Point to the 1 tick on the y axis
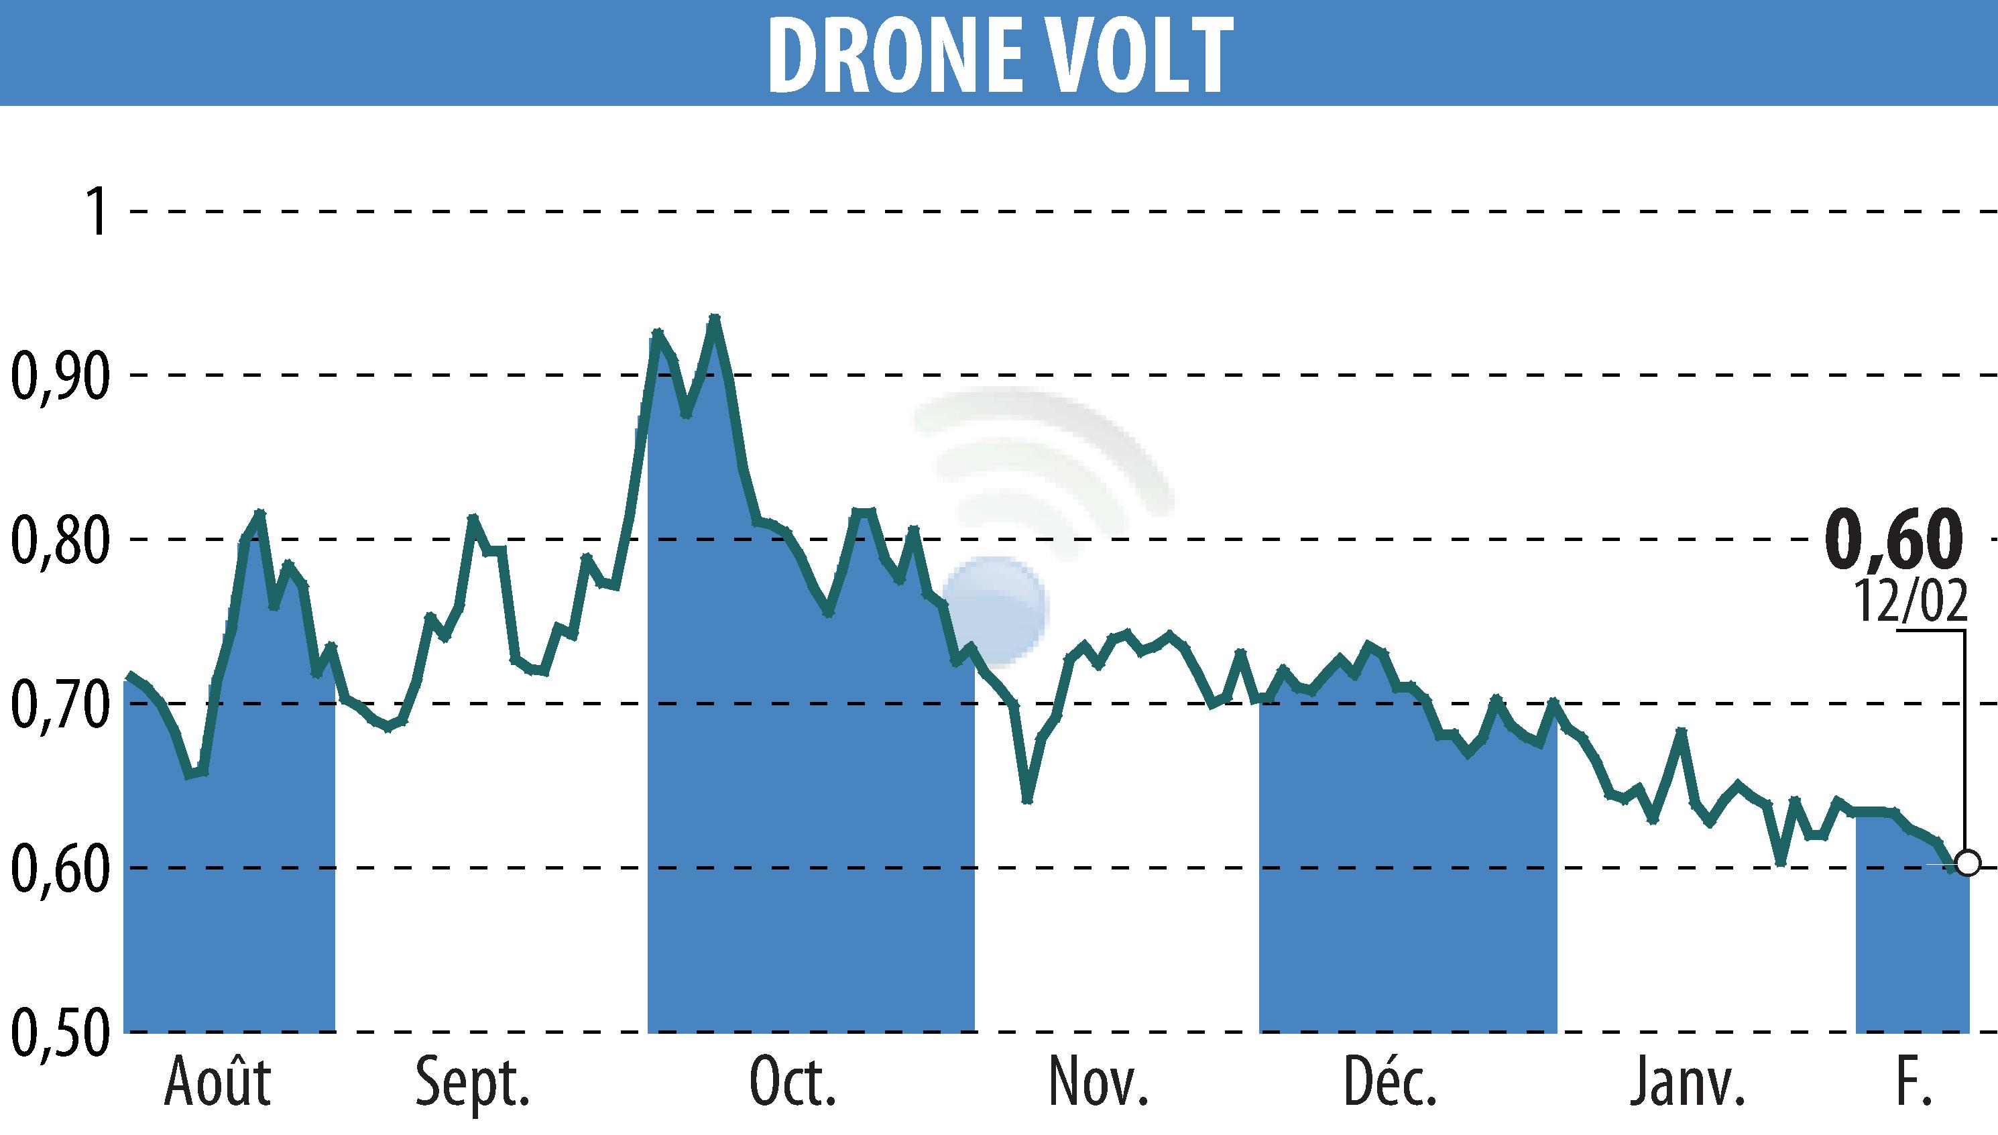(x=97, y=212)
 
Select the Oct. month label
(x=792, y=1082)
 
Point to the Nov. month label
(x=1098, y=1082)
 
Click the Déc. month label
(x=1390, y=1082)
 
